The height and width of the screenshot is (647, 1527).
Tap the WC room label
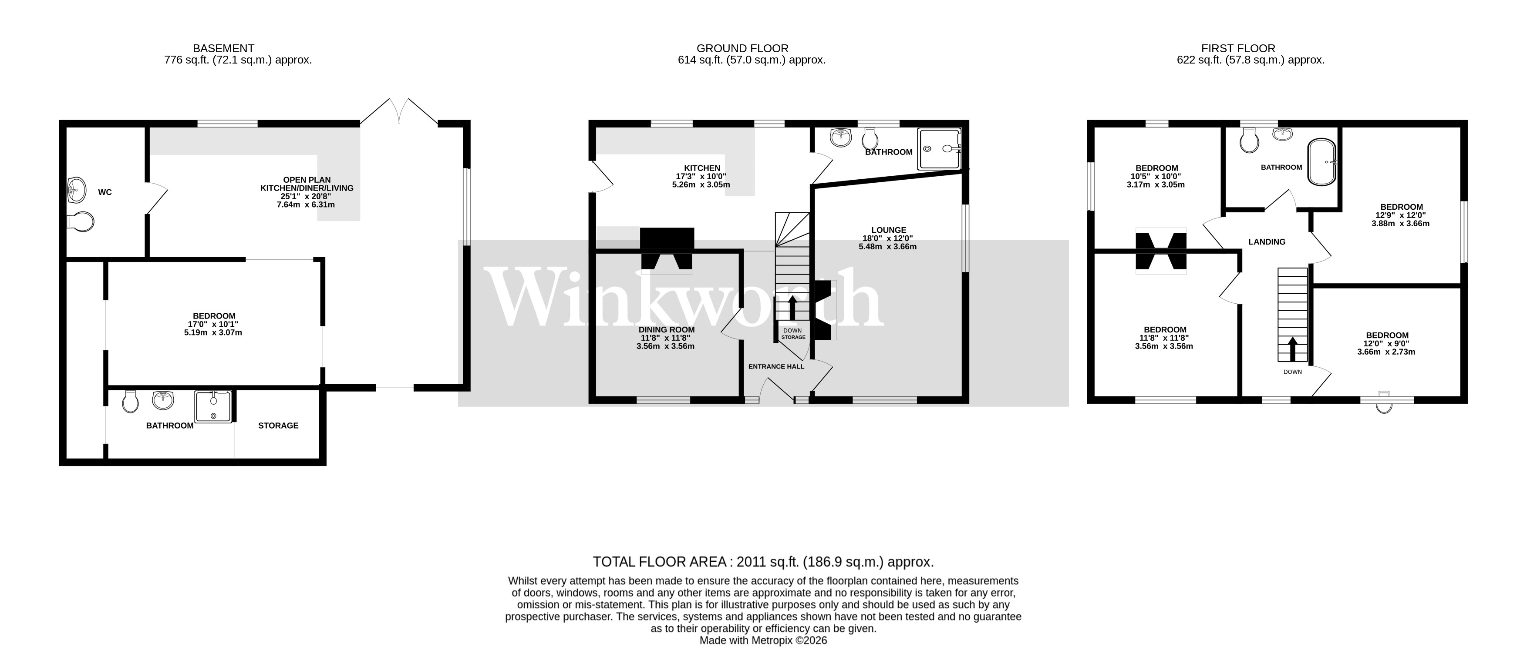point(105,192)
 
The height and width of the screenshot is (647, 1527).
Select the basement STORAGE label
point(278,426)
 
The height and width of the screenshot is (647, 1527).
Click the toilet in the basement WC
point(81,221)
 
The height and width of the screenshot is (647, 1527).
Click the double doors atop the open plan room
point(399,113)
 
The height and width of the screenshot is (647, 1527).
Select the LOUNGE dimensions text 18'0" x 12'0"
point(887,238)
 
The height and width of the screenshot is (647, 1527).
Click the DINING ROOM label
point(666,329)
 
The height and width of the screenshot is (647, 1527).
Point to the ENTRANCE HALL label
point(776,367)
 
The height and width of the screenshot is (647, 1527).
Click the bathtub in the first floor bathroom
point(1322,162)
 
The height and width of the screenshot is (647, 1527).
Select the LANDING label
point(1267,242)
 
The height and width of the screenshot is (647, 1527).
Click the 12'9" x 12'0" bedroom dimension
point(1401,215)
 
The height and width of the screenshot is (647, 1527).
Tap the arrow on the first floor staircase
point(1293,349)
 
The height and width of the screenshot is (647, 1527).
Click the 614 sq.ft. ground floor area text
point(751,60)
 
